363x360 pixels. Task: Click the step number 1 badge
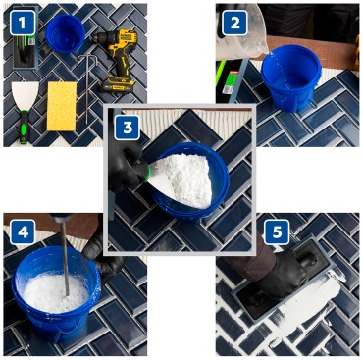pyautogui.click(x=23, y=23)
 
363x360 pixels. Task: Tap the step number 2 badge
pyautogui.click(x=234, y=23)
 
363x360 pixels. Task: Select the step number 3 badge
pyautogui.click(x=128, y=128)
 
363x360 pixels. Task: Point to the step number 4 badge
pyautogui.click(x=23, y=231)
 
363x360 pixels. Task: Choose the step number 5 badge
pyautogui.click(x=277, y=231)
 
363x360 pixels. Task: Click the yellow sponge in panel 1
pyautogui.click(x=62, y=106)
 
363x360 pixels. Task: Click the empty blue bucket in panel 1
pyautogui.click(x=66, y=33)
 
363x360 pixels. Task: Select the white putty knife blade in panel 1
pyautogui.click(x=25, y=96)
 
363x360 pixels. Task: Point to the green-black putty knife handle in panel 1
pyautogui.click(x=24, y=127)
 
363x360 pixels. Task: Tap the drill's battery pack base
pyautogui.click(x=117, y=85)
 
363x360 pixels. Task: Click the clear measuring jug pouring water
pyautogui.click(x=242, y=32)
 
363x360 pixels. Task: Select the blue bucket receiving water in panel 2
pyautogui.click(x=291, y=77)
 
